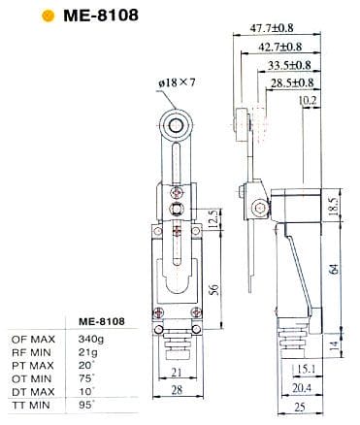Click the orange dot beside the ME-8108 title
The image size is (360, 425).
pos(48,16)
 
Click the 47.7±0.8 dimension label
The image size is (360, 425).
pos(272,28)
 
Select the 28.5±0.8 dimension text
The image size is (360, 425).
pos(292,83)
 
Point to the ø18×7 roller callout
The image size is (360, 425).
pos(178,82)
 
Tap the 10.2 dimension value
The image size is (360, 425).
pos(308,101)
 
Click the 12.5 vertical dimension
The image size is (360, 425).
pos(213,219)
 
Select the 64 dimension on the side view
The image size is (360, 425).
pos(335,269)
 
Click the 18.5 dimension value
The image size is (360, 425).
pos(335,207)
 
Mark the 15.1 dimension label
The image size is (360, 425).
pos(306,369)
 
